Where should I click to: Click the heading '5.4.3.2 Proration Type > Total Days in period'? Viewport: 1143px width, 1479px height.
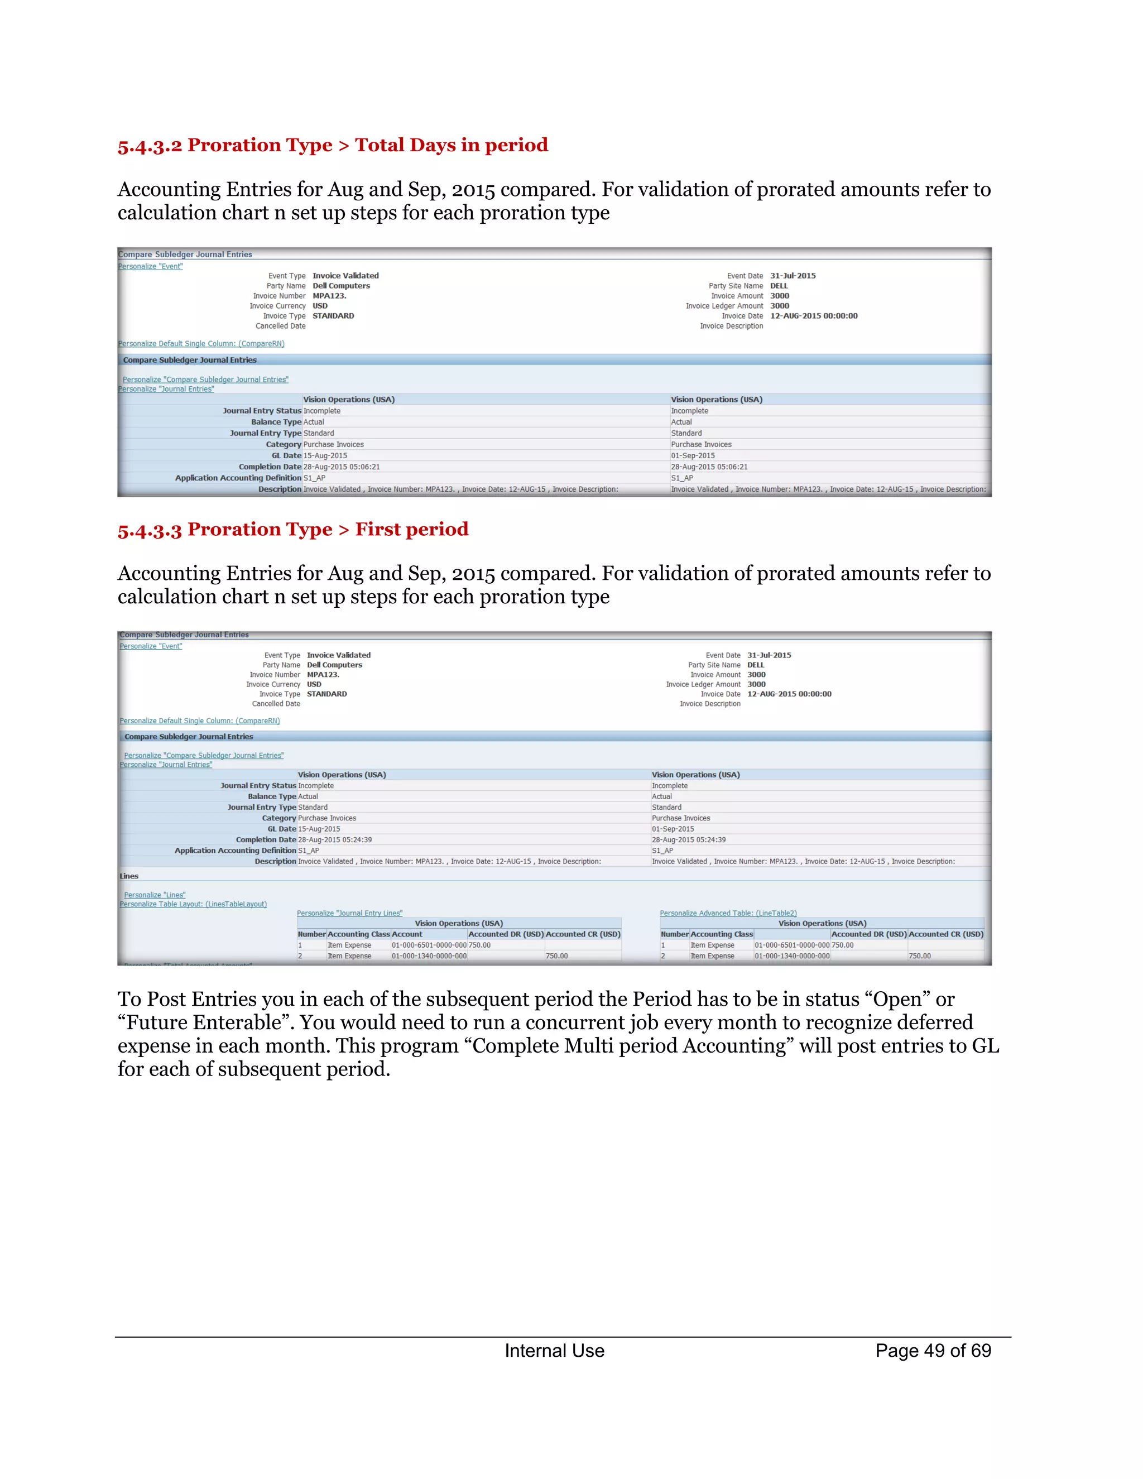pos(333,145)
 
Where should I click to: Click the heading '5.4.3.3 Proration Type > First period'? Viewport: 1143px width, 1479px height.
pos(292,529)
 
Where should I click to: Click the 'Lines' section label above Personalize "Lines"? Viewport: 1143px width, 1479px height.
pos(129,876)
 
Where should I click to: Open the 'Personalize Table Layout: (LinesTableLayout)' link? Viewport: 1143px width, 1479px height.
pos(193,904)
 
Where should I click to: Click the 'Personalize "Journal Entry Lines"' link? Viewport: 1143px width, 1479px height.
pos(349,913)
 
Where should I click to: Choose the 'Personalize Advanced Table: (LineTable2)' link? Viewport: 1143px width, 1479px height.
pos(728,913)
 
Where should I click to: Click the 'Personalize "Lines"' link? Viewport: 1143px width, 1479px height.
pos(155,895)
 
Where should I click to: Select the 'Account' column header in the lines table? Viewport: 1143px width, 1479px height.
pos(407,934)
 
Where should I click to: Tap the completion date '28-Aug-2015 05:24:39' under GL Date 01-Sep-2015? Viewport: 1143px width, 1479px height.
pos(689,840)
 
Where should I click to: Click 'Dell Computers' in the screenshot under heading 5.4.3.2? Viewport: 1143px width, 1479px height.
pos(341,286)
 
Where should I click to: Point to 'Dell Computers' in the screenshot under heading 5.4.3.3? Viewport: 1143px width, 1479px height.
pos(334,665)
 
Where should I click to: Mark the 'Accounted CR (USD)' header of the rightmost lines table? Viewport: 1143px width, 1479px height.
pos(946,934)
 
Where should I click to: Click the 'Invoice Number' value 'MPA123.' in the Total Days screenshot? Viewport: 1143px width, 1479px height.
pos(329,296)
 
